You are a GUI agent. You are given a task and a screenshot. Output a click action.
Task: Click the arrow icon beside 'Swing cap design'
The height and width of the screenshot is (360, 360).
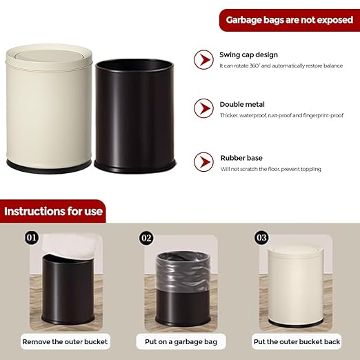(x=203, y=59)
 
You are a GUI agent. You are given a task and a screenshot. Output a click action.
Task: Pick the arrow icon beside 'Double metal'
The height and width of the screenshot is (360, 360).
(x=203, y=108)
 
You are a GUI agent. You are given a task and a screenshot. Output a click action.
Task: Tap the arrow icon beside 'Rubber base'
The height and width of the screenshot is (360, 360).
(x=203, y=162)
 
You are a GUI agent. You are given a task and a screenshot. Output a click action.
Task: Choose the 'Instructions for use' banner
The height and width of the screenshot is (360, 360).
(x=54, y=211)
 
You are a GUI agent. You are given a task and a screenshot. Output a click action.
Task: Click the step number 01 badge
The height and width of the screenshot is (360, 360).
(x=31, y=239)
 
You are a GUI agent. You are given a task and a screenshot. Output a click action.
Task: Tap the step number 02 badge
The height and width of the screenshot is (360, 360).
(x=146, y=239)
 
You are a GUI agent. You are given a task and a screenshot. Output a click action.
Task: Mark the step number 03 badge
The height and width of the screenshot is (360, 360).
(x=261, y=239)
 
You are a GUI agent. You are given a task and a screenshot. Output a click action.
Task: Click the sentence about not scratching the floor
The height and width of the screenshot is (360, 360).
(x=270, y=169)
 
